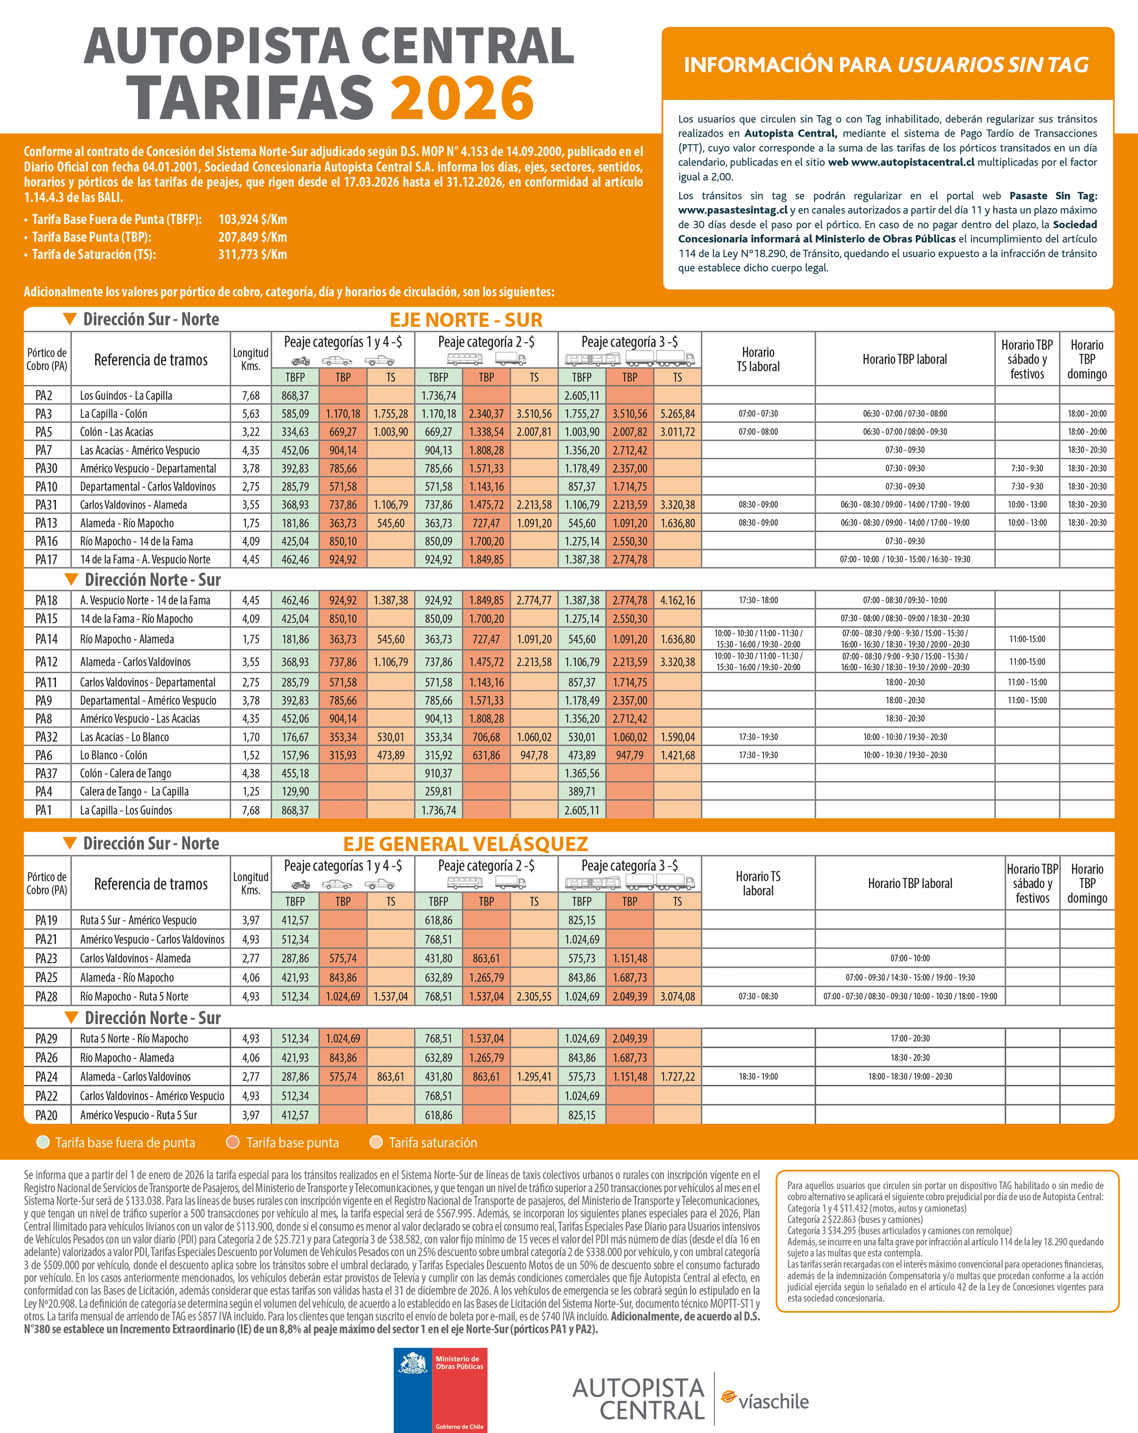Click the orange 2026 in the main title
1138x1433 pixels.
(x=462, y=98)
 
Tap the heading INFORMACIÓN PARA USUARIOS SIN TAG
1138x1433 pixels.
(x=886, y=65)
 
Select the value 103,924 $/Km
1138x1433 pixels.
(x=253, y=219)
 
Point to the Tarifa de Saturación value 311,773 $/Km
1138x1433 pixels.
(x=253, y=254)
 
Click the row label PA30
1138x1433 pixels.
(x=46, y=468)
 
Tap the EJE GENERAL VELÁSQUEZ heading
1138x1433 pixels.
(x=465, y=844)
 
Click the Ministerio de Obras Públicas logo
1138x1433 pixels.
(x=440, y=1389)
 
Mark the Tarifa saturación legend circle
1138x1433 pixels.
(x=376, y=1142)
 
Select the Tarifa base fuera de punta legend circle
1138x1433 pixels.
(x=43, y=1142)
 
